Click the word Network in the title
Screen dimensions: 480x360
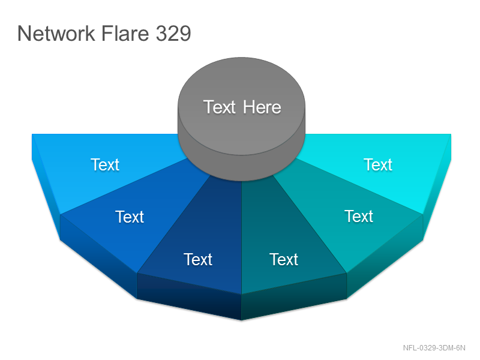pos(56,34)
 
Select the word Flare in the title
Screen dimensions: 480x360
pos(125,34)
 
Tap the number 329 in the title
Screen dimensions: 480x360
pos(173,34)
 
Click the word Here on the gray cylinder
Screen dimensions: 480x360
pos(262,107)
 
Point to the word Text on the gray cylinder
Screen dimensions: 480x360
pos(220,107)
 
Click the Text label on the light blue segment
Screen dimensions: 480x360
pos(104,164)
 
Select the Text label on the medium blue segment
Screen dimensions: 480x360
pos(130,217)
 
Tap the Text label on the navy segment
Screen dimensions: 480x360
pos(198,260)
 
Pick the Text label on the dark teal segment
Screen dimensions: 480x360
pos(284,260)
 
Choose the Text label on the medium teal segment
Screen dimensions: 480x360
pos(359,217)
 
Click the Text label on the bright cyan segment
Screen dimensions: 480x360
pos(378,164)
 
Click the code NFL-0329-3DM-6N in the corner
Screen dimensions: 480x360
pos(434,348)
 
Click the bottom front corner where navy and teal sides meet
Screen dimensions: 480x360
pos(242,320)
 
